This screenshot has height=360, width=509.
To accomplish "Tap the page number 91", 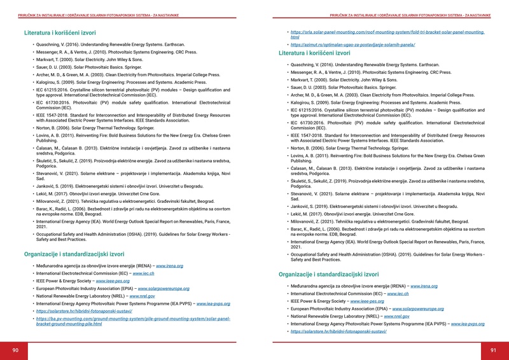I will click(493, 350).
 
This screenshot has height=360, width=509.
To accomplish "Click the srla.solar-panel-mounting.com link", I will click(387, 32).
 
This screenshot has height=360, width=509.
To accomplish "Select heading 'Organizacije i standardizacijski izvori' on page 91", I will click(329, 274).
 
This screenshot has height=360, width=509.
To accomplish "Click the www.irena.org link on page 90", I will click(169, 266).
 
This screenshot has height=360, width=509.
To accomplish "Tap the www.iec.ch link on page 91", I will click(398, 294).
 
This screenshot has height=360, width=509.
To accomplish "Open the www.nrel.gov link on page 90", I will click(143, 296).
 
